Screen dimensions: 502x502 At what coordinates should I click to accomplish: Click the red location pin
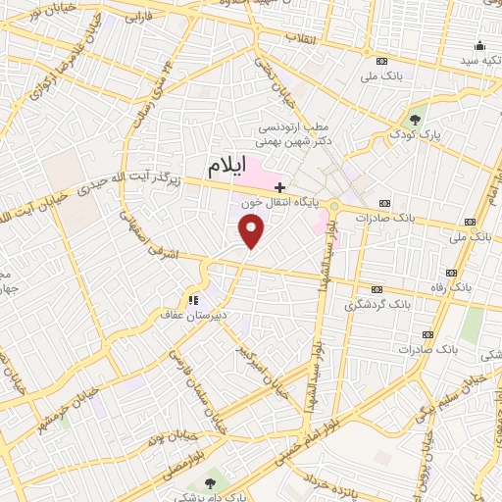[252, 230]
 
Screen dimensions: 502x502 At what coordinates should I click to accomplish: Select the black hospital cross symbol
[279, 186]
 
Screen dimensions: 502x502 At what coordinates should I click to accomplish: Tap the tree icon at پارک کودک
[416, 120]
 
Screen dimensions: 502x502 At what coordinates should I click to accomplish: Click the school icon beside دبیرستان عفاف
[194, 299]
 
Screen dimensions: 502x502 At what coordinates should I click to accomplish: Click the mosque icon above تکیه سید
[479, 45]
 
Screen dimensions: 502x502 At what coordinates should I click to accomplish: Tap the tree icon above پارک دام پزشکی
[209, 481]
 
